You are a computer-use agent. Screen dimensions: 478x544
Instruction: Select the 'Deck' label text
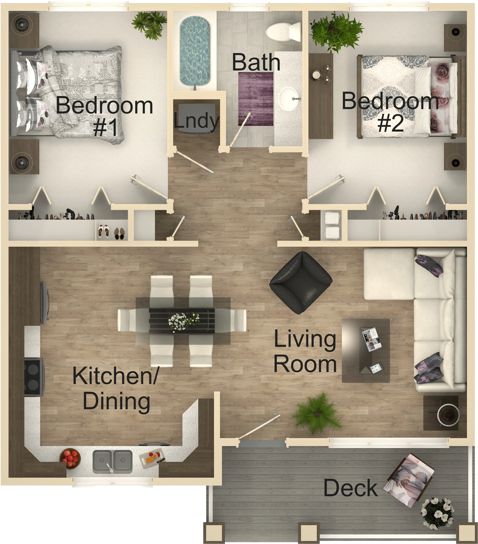click(350, 488)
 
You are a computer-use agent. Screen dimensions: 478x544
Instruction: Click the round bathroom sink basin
click(289, 99)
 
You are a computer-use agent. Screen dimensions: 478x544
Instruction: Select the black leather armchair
click(301, 282)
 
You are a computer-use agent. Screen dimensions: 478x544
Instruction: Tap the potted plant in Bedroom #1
click(149, 25)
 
